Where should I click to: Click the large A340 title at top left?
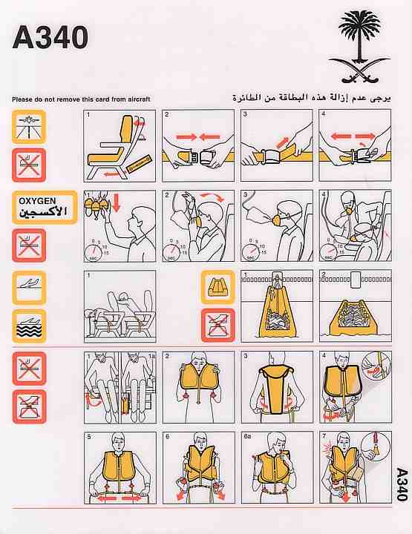click(50, 38)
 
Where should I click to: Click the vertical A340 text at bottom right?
click(402, 484)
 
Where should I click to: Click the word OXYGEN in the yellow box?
click(37, 201)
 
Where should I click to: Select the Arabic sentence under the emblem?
click(312, 98)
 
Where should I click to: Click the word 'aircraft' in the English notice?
click(139, 99)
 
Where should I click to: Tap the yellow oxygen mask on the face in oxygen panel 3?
click(278, 220)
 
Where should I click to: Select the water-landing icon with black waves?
click(29, 326)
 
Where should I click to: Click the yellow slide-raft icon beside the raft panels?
click(218, 287)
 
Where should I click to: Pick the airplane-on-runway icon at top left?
click(29, 127)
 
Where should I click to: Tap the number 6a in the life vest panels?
click(247, 437)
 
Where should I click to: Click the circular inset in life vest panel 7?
click(375, 446)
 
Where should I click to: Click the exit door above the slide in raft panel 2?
click(355, 280)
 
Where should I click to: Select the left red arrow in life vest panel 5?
click(106, 499)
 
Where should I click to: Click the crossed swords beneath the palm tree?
click(359, 70)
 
